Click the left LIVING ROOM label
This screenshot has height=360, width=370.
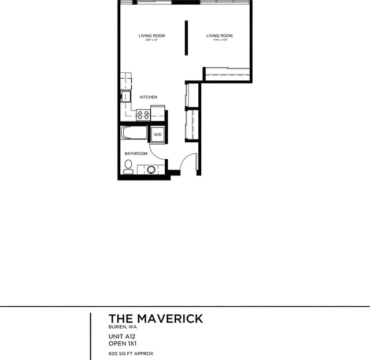coord(151,36)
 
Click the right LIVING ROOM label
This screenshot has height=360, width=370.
coord(219,36)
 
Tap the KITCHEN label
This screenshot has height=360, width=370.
coord(148,97)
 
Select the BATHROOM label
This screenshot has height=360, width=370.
coord(136,153)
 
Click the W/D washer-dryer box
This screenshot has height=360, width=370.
coord(157,135)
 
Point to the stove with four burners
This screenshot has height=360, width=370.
coord(143,115)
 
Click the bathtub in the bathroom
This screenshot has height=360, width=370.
coord(134,133)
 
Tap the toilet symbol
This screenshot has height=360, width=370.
coord(128,167)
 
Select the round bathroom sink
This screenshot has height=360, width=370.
coord(152,170)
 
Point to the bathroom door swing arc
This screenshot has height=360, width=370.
coord(157,153)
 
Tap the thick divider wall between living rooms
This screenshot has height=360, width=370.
coord(186,38)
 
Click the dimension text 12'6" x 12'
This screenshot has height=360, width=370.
coord(151,41)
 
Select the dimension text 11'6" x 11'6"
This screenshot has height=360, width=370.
coord(219,41)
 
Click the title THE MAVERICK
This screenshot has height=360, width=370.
coord(156,318)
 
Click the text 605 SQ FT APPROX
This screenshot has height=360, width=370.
coord(131,353)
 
